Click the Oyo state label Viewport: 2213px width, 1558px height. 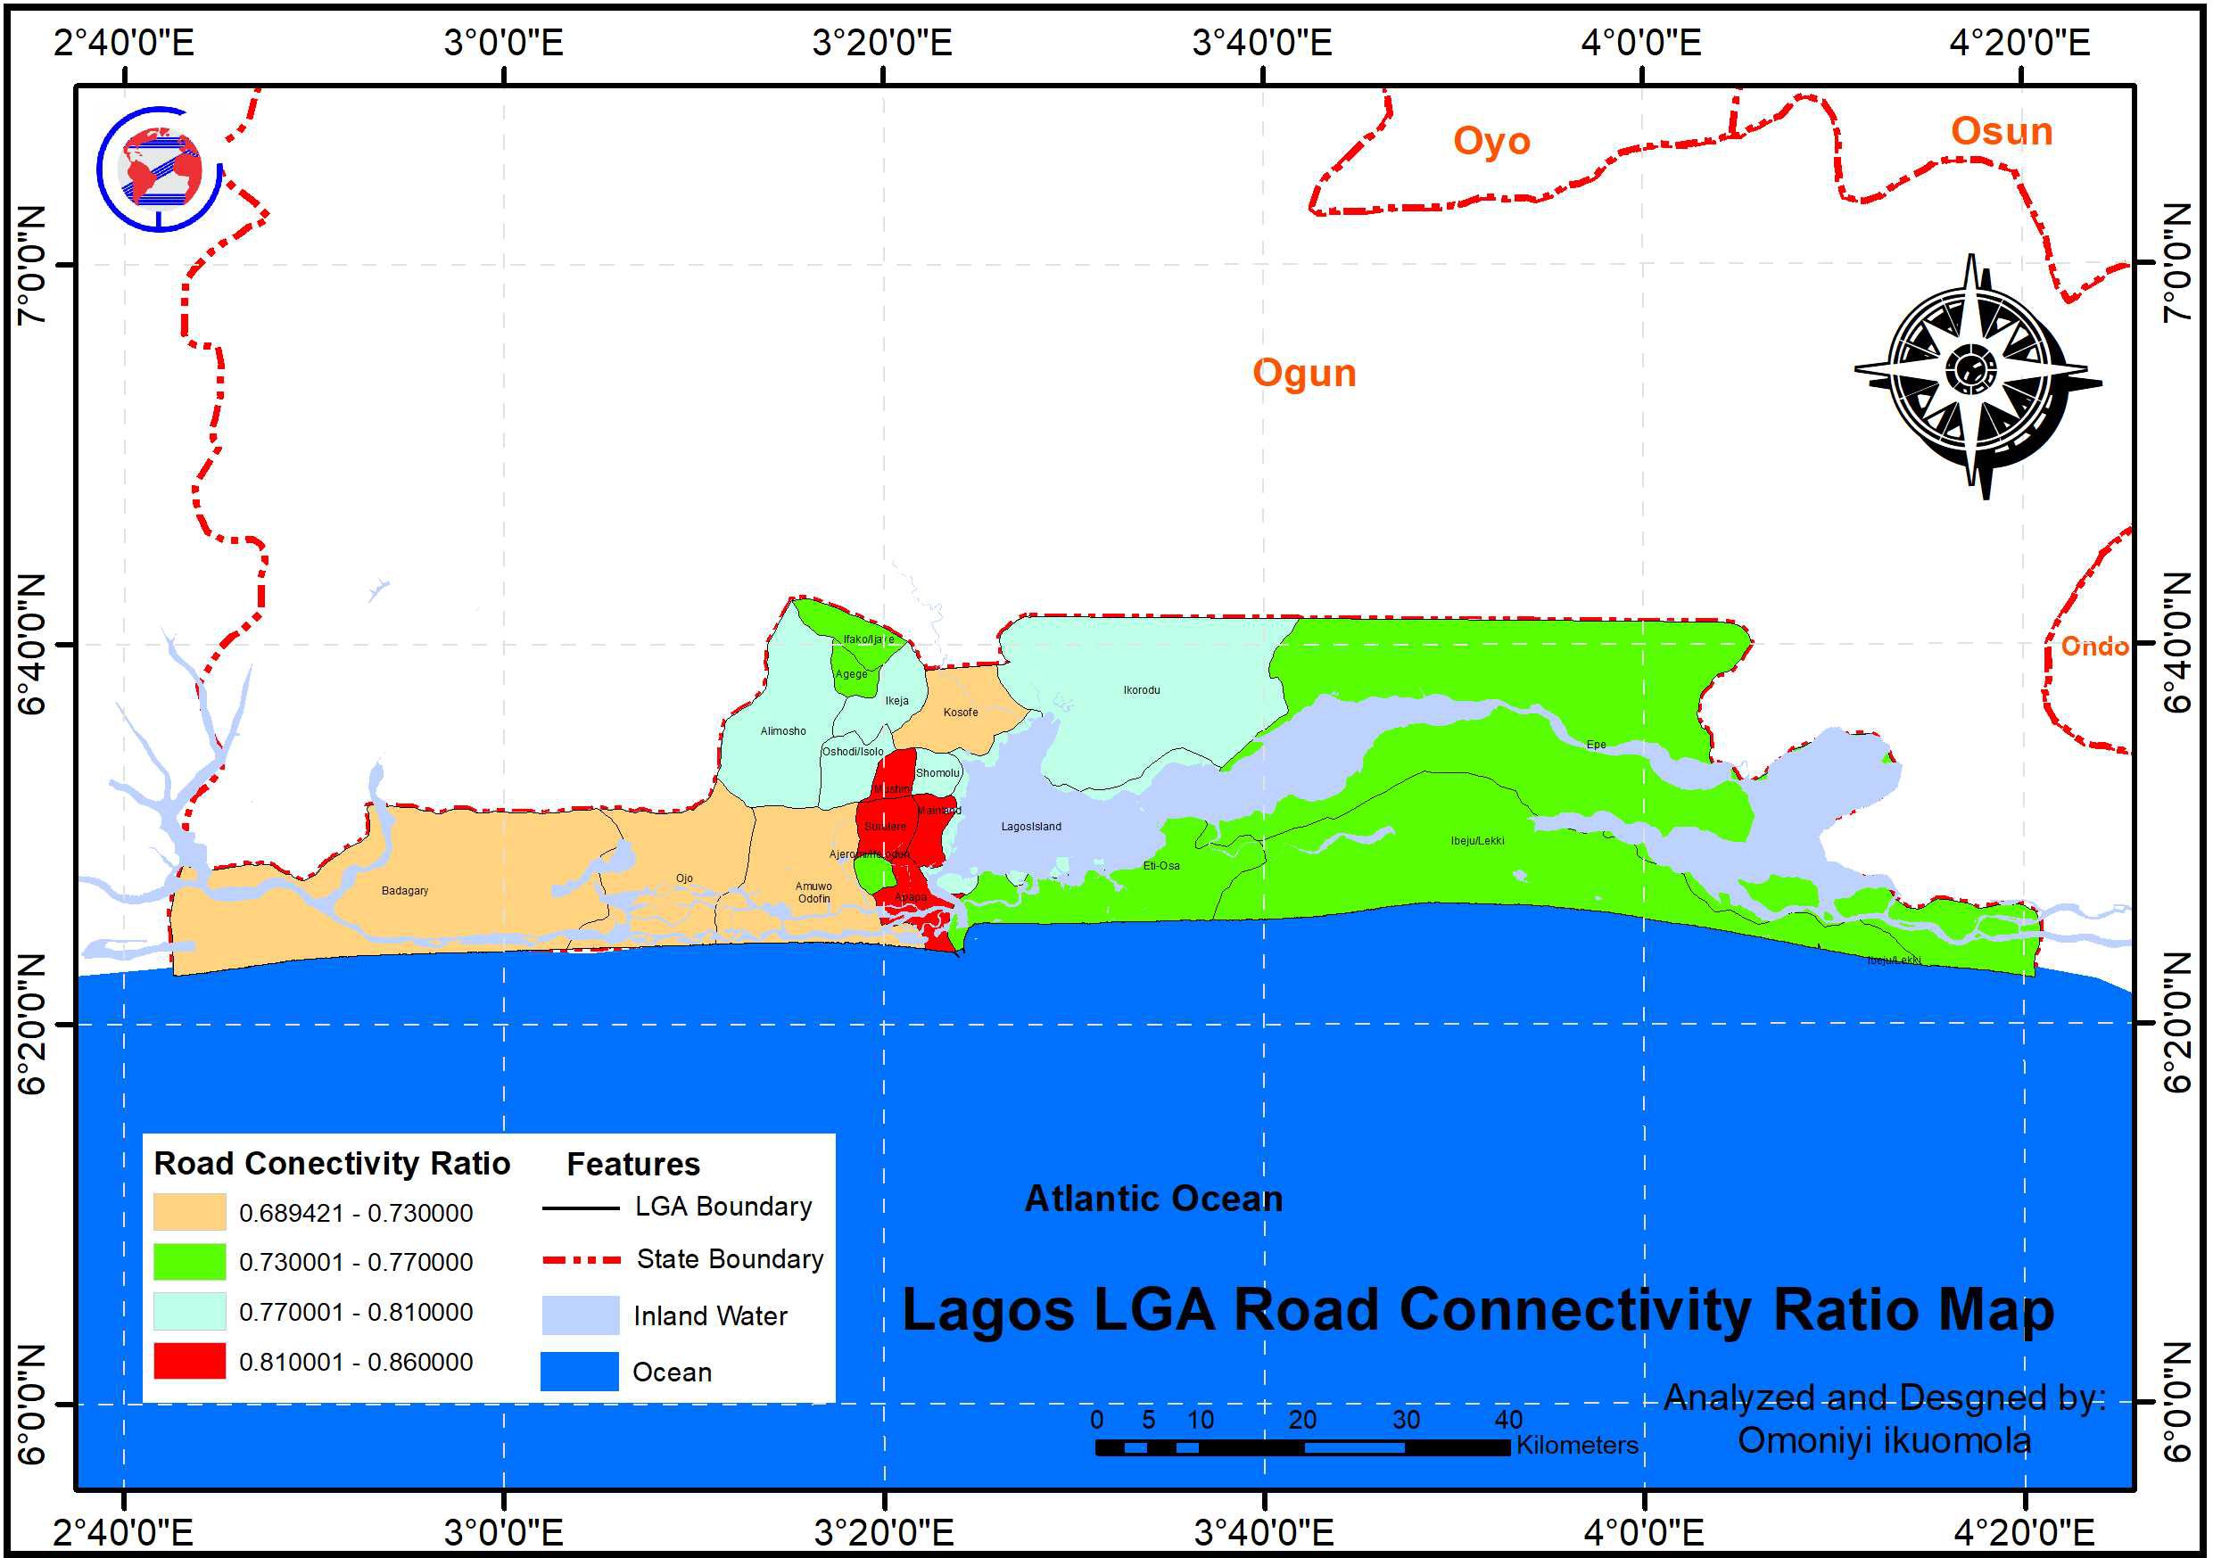pos(1491,141)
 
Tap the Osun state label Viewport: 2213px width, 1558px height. pos(2001,131)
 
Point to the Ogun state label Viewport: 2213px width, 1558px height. pos(1304,373)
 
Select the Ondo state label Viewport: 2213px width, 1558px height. pos(2094,646)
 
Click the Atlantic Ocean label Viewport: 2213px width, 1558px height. pos(1152,1199)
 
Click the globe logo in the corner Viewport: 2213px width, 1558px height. pos(159,168)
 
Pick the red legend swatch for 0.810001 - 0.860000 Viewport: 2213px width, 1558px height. pos(189,1361)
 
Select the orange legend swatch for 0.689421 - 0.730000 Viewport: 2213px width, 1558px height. pos(189,1212)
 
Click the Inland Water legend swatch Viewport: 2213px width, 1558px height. pos(579,1315)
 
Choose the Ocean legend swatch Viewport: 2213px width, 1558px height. pos(579,1371)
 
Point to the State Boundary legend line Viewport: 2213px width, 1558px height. pos(582,1259)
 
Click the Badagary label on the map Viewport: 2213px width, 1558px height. pos(405,890)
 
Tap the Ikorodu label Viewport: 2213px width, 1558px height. pos(1141,690)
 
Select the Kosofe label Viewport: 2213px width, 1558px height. pos(960,712)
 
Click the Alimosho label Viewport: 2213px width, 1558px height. pos(782,731)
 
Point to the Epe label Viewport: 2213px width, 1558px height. pos(1596,745)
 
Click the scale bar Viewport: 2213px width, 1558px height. pos(1302,1447)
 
